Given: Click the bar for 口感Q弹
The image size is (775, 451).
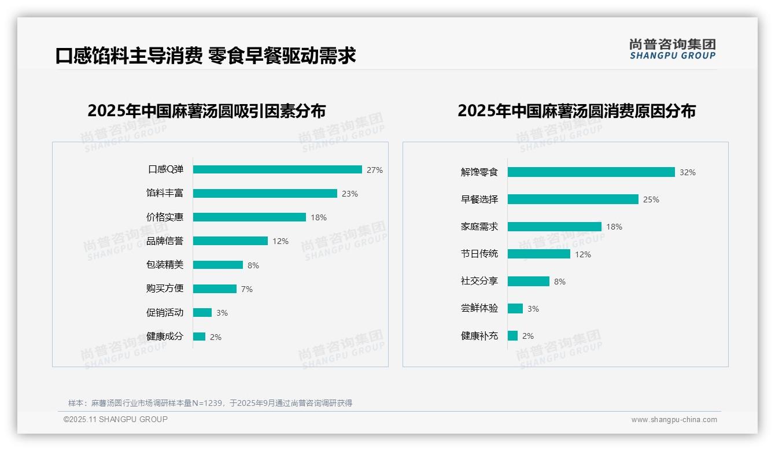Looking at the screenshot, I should point(277,169).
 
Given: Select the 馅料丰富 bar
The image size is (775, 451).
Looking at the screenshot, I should point(265,194).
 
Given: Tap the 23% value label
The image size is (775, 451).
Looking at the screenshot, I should point(349,194).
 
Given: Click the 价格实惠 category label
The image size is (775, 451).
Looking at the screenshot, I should point(165,217).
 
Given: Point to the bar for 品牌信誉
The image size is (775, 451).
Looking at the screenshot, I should point(230,241).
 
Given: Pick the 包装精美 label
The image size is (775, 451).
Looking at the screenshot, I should point(165,265).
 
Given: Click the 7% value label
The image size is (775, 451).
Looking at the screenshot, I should point(246,289).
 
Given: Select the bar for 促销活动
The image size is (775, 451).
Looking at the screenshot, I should point(202,313).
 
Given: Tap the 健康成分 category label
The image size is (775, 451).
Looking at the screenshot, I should point(165,337).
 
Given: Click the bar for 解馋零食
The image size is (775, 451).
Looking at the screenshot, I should point(591,172).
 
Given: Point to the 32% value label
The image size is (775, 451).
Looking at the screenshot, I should point(688,172).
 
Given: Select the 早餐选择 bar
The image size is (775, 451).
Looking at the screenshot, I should point(573,199).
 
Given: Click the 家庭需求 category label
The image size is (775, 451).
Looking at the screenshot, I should point(479,227).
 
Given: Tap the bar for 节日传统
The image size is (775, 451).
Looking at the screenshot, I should point(538,254).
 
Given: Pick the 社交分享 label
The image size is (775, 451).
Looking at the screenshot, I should point(479,281).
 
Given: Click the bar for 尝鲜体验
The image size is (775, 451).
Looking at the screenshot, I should point(515,309).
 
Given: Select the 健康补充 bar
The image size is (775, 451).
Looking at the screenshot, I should point(512,336).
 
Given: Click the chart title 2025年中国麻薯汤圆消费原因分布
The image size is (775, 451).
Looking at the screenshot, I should point(576,111).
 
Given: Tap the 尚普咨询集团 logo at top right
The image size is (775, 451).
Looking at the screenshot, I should point(672,49).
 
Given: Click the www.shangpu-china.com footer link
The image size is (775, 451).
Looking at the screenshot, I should point(674,420).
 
